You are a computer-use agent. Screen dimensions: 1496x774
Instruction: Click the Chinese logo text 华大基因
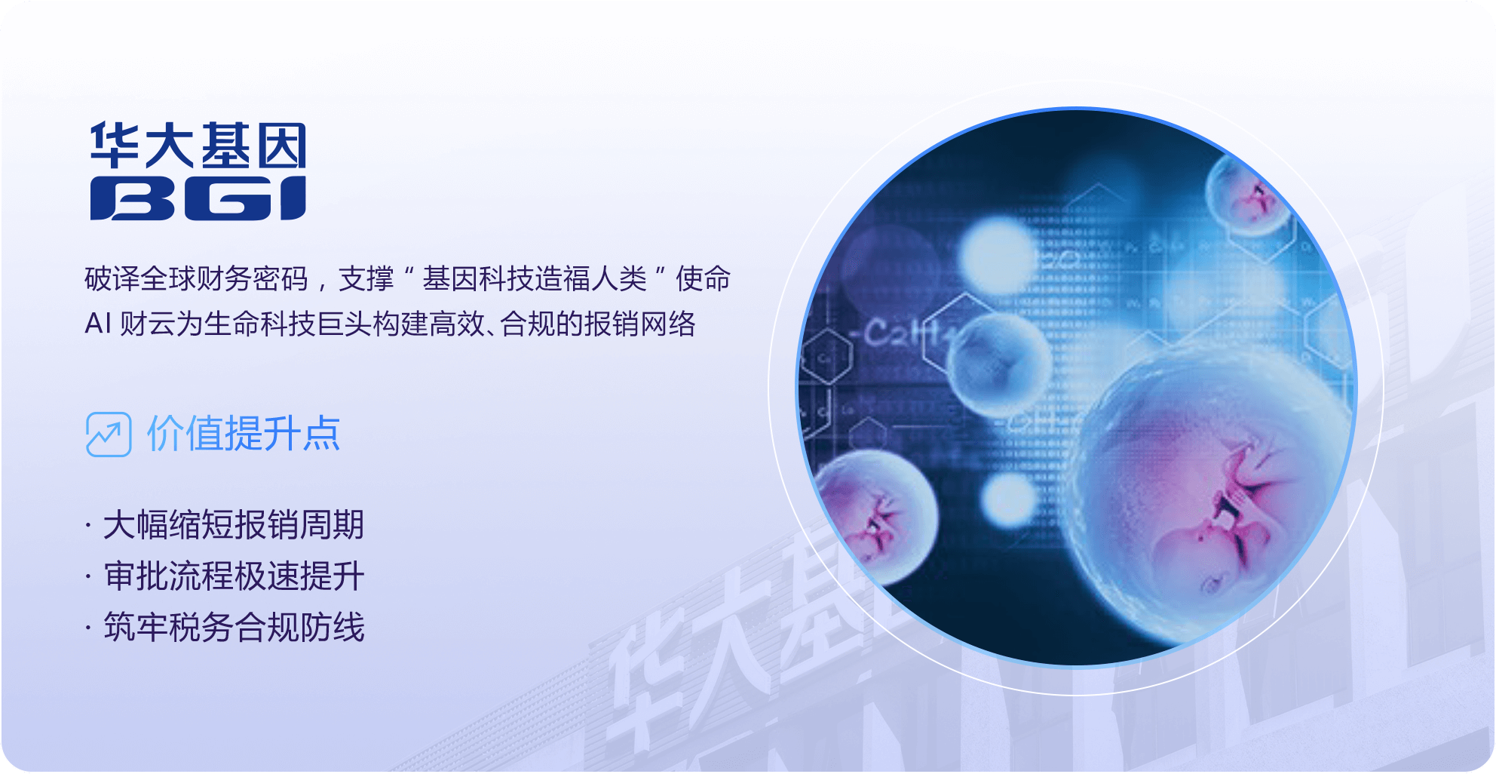tap(198, 146)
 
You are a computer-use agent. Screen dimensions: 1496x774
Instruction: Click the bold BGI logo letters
tap(198, 198)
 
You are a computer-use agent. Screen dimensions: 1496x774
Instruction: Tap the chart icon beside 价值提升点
tap(109, 435)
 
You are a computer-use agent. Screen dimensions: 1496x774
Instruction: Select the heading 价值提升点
tap(244, 434)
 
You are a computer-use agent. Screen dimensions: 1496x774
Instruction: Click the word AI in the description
tap(98, 324)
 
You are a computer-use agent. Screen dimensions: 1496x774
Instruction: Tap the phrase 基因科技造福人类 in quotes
tap(534, 279)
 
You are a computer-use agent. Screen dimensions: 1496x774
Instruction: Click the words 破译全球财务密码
tap(196, 279)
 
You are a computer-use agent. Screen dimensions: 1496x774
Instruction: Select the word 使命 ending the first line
tap(703, 279)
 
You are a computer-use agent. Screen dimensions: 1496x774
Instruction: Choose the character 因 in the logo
tap(281, 146)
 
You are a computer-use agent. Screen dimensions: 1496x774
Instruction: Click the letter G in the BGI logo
tap(227, 198)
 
